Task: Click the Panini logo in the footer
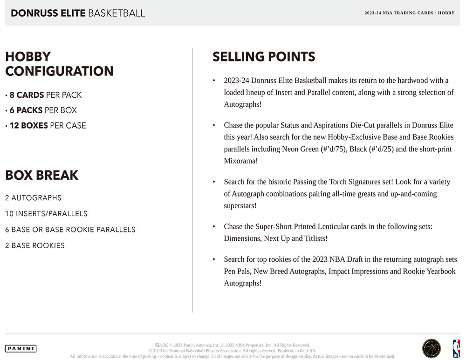tap(21, 348)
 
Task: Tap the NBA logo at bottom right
tap(456, 348)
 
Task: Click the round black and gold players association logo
tap(431, 348)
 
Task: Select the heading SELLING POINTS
tap(264, 57)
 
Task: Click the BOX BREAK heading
tap(42, 175)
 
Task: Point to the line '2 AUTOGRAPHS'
tap(33, 198)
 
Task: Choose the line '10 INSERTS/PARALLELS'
tap(46, 214)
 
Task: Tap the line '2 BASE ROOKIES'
tap(35, 245)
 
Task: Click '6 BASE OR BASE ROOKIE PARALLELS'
tap(70, 230)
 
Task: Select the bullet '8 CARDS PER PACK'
tap(46, 95)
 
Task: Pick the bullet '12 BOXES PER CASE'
tap(48, 125)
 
